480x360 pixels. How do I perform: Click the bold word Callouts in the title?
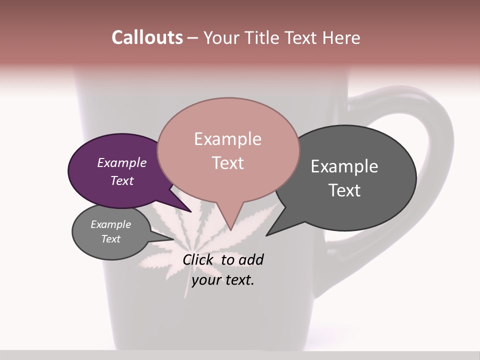[x=147, y=37]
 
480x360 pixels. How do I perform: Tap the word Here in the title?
[x=341, y=37]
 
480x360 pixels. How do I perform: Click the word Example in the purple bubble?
[x=122, y=162]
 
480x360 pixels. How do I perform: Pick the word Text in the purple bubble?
[x=122, y=180]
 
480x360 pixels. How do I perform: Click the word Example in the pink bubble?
[x=227, y=139]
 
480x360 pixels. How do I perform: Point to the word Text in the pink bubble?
[x=227, y=163]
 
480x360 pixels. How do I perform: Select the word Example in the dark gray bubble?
[x=344, y=166]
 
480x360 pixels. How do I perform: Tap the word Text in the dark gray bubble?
[x=344, y=190]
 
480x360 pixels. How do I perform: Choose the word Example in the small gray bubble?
[x=110, y=224]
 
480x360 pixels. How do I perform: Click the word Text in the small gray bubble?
[x=110, y=239]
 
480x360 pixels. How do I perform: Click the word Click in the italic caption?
[x=199, y=259]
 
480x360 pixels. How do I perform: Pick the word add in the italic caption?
[x=251, y=259]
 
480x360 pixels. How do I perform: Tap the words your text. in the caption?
[x=222, y=280]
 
